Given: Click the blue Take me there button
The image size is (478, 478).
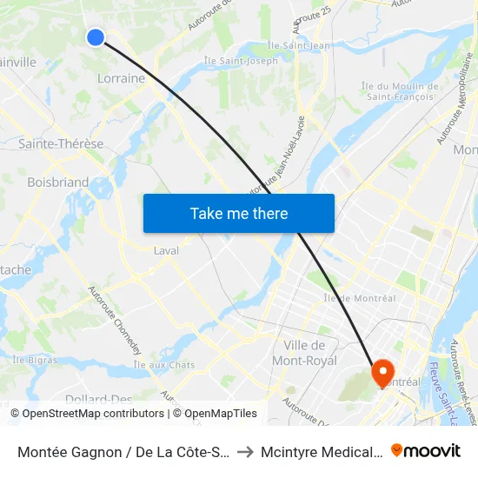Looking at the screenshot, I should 239,213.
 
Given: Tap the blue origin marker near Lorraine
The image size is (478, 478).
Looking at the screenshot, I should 96,37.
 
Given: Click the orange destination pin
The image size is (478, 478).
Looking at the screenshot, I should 382,373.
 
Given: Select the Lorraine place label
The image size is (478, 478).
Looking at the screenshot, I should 121,78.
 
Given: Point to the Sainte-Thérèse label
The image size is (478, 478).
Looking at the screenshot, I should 61,144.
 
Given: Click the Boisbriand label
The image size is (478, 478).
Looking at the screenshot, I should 57,183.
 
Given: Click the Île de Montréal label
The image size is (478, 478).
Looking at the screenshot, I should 359,298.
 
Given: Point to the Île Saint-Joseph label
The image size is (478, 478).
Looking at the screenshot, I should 241,61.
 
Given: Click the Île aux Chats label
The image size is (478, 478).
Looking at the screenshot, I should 164,365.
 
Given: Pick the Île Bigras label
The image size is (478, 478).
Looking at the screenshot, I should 35,359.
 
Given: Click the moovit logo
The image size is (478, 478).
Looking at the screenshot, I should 426,450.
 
